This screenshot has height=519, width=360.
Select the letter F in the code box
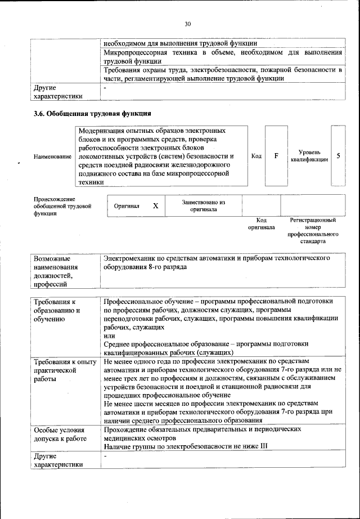(276, 155)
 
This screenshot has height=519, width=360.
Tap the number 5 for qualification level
(338, 155)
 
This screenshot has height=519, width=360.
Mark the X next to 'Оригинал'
(156, 207)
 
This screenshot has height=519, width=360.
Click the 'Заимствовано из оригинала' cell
(203, 206)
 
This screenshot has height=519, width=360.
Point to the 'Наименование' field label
(52, 156)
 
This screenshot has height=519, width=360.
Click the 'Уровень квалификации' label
(309, 156)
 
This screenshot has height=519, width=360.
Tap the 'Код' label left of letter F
(256, 156)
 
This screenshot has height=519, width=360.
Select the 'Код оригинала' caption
(261, 224)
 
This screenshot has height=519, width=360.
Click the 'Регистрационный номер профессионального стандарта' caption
(313, 230)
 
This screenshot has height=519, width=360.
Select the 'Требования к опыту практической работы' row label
(65, 370)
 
